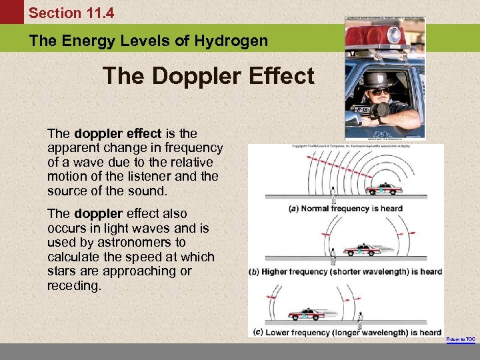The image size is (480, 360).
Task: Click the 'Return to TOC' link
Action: pos(461,339)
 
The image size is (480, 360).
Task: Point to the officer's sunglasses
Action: pos(378,91)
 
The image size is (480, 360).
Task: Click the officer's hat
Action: pos(377,77)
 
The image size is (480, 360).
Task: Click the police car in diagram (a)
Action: pos(384,189)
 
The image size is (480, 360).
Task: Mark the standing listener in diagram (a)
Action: pos(333,195)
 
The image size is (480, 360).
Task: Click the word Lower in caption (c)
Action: pos(280,332)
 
